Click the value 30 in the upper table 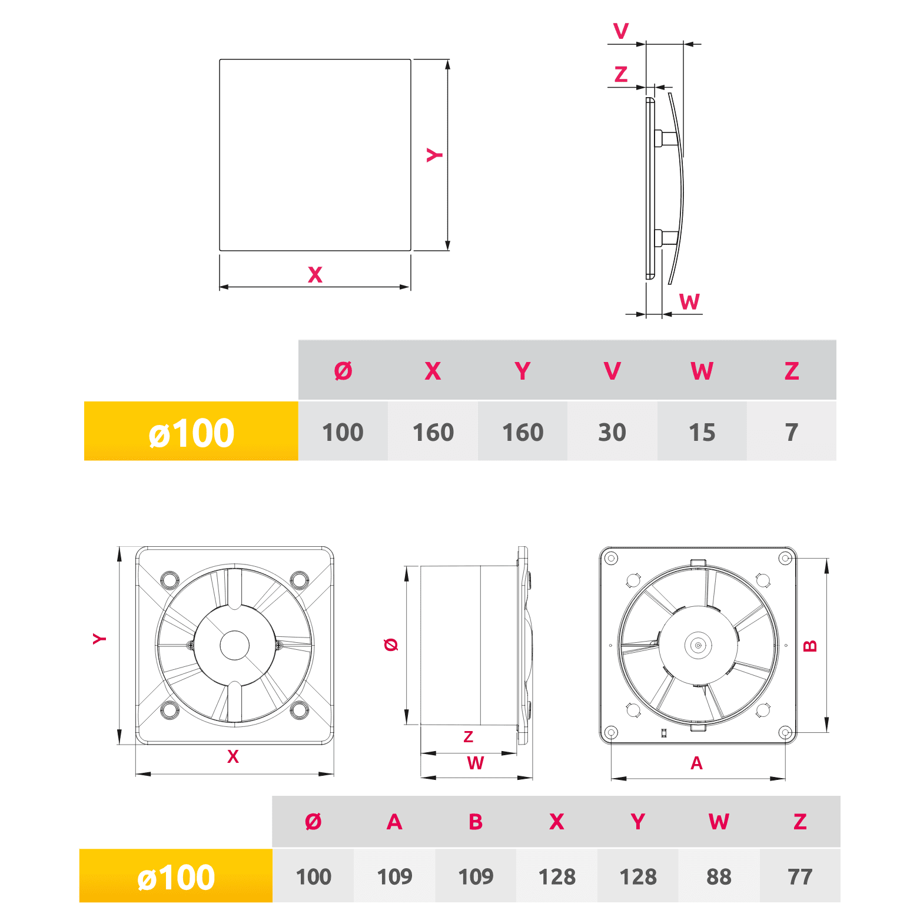tap(612, 433)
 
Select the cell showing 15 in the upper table tap(702, 433)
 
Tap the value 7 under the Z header tap(792, 433)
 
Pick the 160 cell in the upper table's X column tap(433, 433)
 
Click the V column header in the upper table tap(612, 371)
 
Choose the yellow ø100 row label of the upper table tap(191, 431)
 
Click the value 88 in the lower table tap(719, 876)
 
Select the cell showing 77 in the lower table tap(800, 876)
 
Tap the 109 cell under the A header tap(394, 876)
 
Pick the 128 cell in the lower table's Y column tap(638, 876)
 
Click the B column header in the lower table tap(476, 822)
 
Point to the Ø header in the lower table tap(313, 822)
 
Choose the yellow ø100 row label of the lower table tap(176, 876)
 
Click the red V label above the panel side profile tap(621, 31)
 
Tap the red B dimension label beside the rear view tap(811, 646)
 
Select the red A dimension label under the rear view tap(696, 763)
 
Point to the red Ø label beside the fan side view tap(391, 645)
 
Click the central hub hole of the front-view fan tap(235, 645)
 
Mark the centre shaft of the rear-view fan tap(698, 645)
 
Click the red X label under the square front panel tap(315, 275)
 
